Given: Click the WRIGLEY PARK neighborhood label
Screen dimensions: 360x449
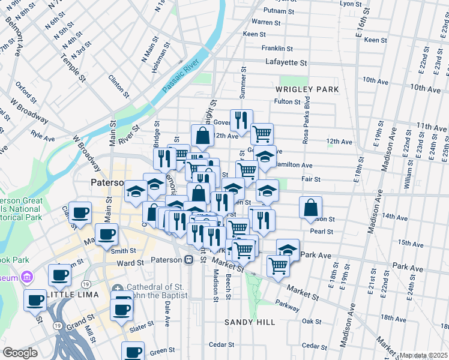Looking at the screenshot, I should pos(307,89).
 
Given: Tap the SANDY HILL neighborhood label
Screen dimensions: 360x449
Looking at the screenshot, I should pos(249,322).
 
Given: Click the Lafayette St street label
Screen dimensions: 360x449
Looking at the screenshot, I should pos(286,62).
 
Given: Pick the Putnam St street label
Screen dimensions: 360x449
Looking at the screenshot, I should pos(285,11).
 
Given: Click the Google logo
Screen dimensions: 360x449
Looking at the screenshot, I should pos(20,353).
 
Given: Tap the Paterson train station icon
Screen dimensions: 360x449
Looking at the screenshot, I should pos(188,260).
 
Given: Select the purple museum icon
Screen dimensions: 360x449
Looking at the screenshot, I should pos(26,277).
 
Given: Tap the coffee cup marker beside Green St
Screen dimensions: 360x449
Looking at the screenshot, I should pos(133,352).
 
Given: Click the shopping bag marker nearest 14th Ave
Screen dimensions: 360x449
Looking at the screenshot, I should pos(310,208).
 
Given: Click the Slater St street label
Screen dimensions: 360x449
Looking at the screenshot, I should pos(141,328).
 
